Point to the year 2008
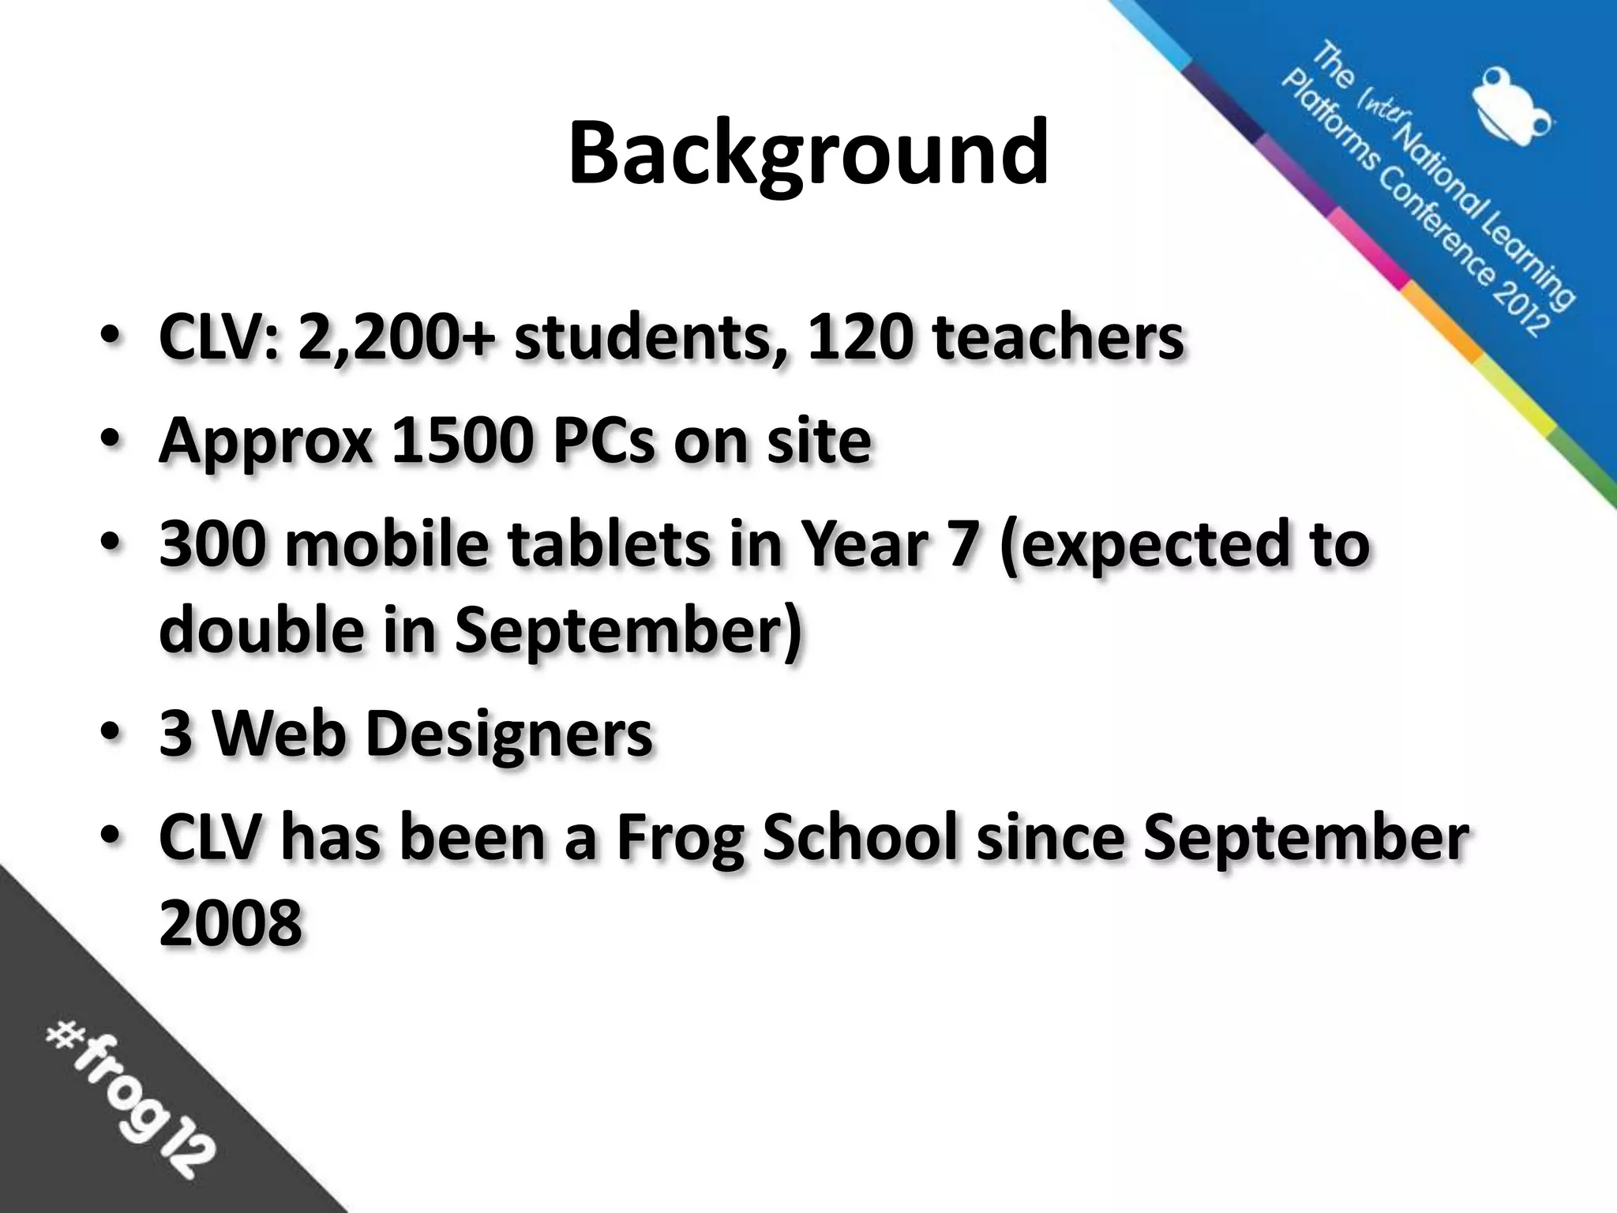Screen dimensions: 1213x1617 (231, 924)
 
